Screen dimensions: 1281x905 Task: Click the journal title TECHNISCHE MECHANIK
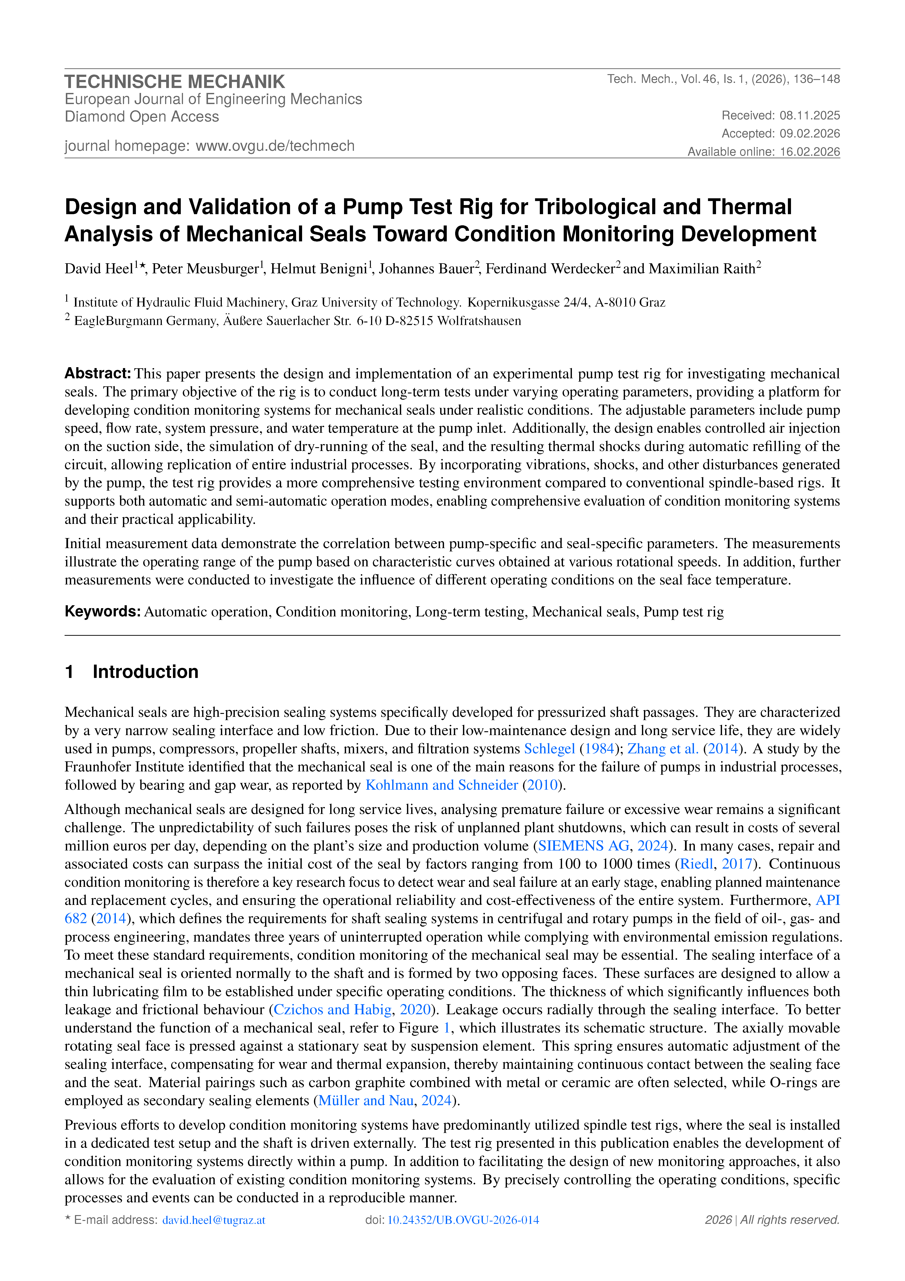click(x=175, y=82)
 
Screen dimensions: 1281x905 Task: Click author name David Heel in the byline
click(x=99, y=269)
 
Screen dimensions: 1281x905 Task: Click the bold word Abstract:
click(x=98, y=373)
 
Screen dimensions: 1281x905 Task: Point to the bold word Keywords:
click(x=102, y=611)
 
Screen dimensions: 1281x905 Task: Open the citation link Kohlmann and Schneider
click(x=442, y=785)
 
